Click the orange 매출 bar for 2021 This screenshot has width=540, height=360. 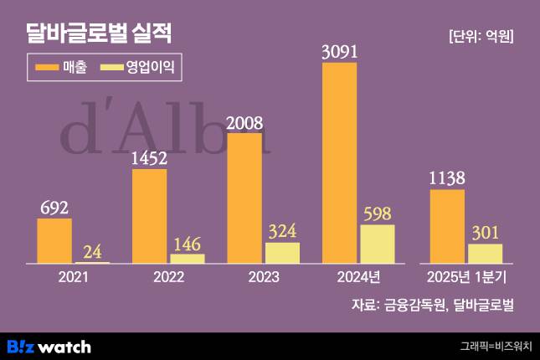54,241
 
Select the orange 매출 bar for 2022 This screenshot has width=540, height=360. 149,216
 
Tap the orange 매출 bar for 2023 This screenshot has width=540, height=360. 244,198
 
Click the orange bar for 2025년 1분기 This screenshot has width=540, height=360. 447,226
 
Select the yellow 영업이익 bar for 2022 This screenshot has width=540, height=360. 187,259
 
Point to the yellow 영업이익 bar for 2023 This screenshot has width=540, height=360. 282,253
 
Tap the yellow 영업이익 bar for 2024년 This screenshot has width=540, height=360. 377,244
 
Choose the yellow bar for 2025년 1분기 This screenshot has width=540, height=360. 485,254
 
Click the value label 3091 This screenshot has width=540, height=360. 340,52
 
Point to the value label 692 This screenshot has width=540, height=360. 54,208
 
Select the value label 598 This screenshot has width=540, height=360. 378,213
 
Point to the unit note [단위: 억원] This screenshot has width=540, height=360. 481,36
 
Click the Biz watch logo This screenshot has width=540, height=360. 49,346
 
